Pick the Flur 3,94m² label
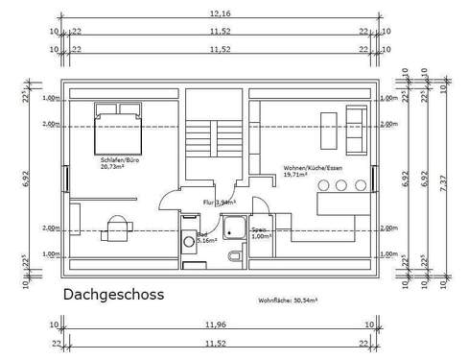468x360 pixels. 217,203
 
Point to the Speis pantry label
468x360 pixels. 259,230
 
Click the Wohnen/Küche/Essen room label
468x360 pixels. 313,169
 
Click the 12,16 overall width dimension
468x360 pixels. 220,14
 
